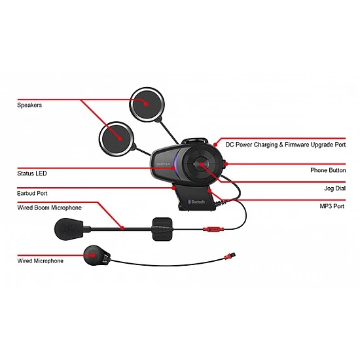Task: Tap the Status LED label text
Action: point(31,173)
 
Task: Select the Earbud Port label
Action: point(32,193)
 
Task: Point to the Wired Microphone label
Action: point(40,261)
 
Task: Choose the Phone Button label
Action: point(328,170)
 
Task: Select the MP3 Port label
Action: point(332,205)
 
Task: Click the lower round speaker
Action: point(116,137)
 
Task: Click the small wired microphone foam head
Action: point(95,255)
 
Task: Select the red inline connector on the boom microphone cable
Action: point(213,230)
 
